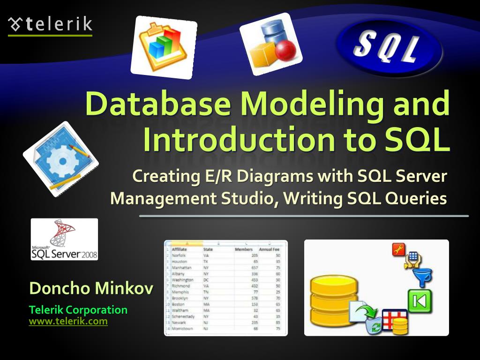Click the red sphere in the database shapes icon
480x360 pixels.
(285, 51)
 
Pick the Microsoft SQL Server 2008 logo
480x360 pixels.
(64, 239)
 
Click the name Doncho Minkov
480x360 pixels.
(91, 288)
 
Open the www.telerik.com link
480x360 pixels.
(68, 322)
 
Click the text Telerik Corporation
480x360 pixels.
(78, 310)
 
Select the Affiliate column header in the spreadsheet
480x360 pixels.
(180, 249)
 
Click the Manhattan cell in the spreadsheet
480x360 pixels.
(181, 268)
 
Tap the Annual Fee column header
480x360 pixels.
(269, 249)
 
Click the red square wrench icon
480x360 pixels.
(399, 250)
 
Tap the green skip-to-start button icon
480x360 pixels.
(420, 301)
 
